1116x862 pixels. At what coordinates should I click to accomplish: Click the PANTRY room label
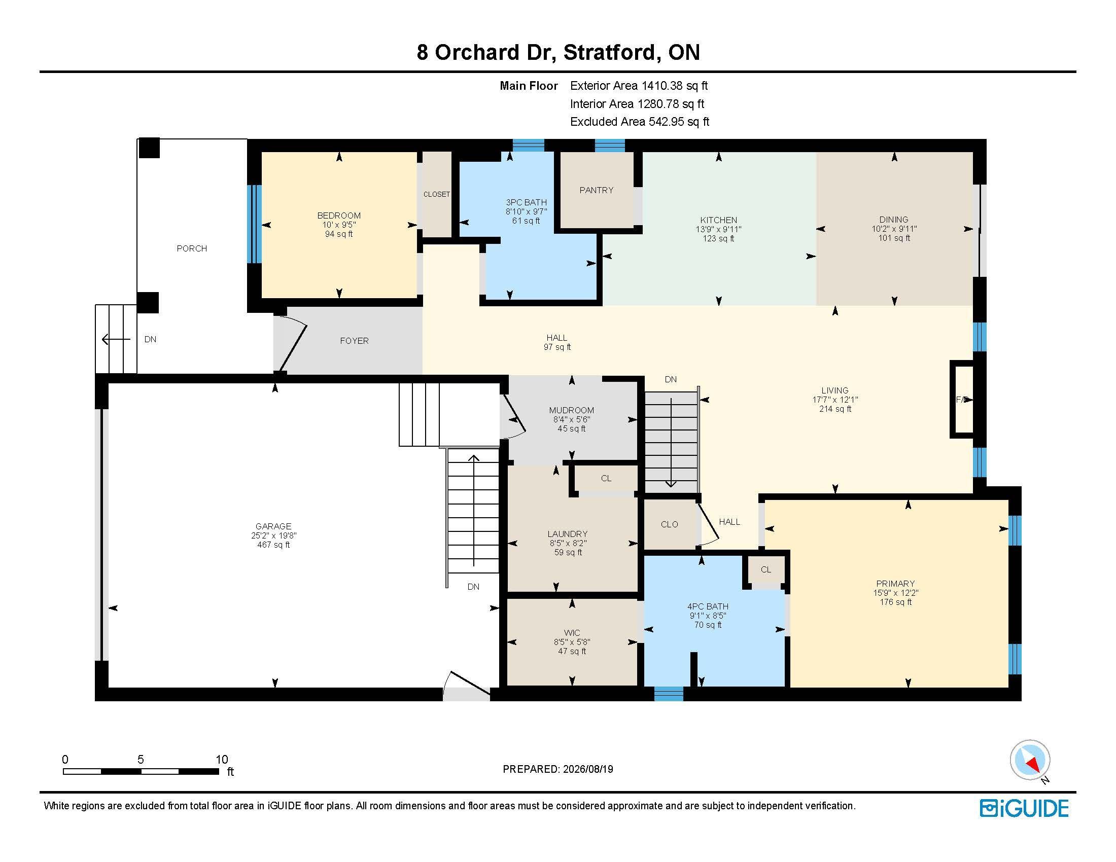(x=597, y=190)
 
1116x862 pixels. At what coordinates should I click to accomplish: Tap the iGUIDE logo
(x=1024, y=808)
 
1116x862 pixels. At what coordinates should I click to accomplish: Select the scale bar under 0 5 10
(x=141, y=771)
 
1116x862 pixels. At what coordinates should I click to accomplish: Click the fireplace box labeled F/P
(x=962, y=400)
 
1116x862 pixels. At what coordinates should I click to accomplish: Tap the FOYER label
(x=354, y=341)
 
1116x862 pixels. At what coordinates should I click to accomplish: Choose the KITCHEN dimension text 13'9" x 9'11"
(x=718, y=229)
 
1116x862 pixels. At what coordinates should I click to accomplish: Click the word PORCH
(x=192, y=248)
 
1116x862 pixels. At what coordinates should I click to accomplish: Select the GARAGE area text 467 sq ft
(x=273, y=545)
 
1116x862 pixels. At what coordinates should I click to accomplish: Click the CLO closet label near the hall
(x=670, y=524)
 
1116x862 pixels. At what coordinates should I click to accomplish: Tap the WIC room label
(x=572, y=633)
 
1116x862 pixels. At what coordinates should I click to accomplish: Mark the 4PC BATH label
(x=708, y=606)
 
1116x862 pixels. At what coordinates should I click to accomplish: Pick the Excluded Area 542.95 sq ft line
(x=640, y=122)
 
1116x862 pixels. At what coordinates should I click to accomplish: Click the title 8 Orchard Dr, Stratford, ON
(x=558, y=52)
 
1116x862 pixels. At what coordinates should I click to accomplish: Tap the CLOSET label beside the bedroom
(x=436, y=195)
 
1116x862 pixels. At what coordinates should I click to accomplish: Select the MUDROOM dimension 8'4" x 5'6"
(x=571, y=419)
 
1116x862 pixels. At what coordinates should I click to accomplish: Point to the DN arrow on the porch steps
(x=116, y=339)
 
